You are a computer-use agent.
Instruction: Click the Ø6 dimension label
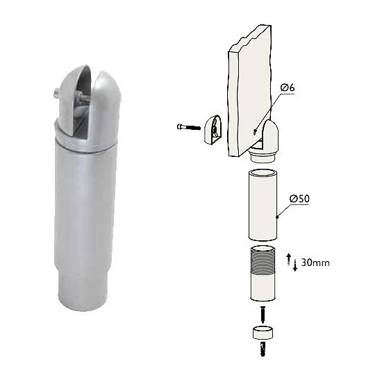(288, 88)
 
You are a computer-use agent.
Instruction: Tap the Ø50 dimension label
(299, 199)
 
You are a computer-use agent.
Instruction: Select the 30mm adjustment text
(315, 263)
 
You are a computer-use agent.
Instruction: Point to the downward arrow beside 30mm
(295, 265)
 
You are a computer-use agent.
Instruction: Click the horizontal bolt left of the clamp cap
(188, 127)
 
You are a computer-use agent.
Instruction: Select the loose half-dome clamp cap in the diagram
(213, 129)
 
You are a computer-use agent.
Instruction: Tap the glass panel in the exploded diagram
(250, 90)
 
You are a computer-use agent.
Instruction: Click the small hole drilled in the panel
(255, 132)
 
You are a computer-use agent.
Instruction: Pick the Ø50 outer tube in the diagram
(263, 205)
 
